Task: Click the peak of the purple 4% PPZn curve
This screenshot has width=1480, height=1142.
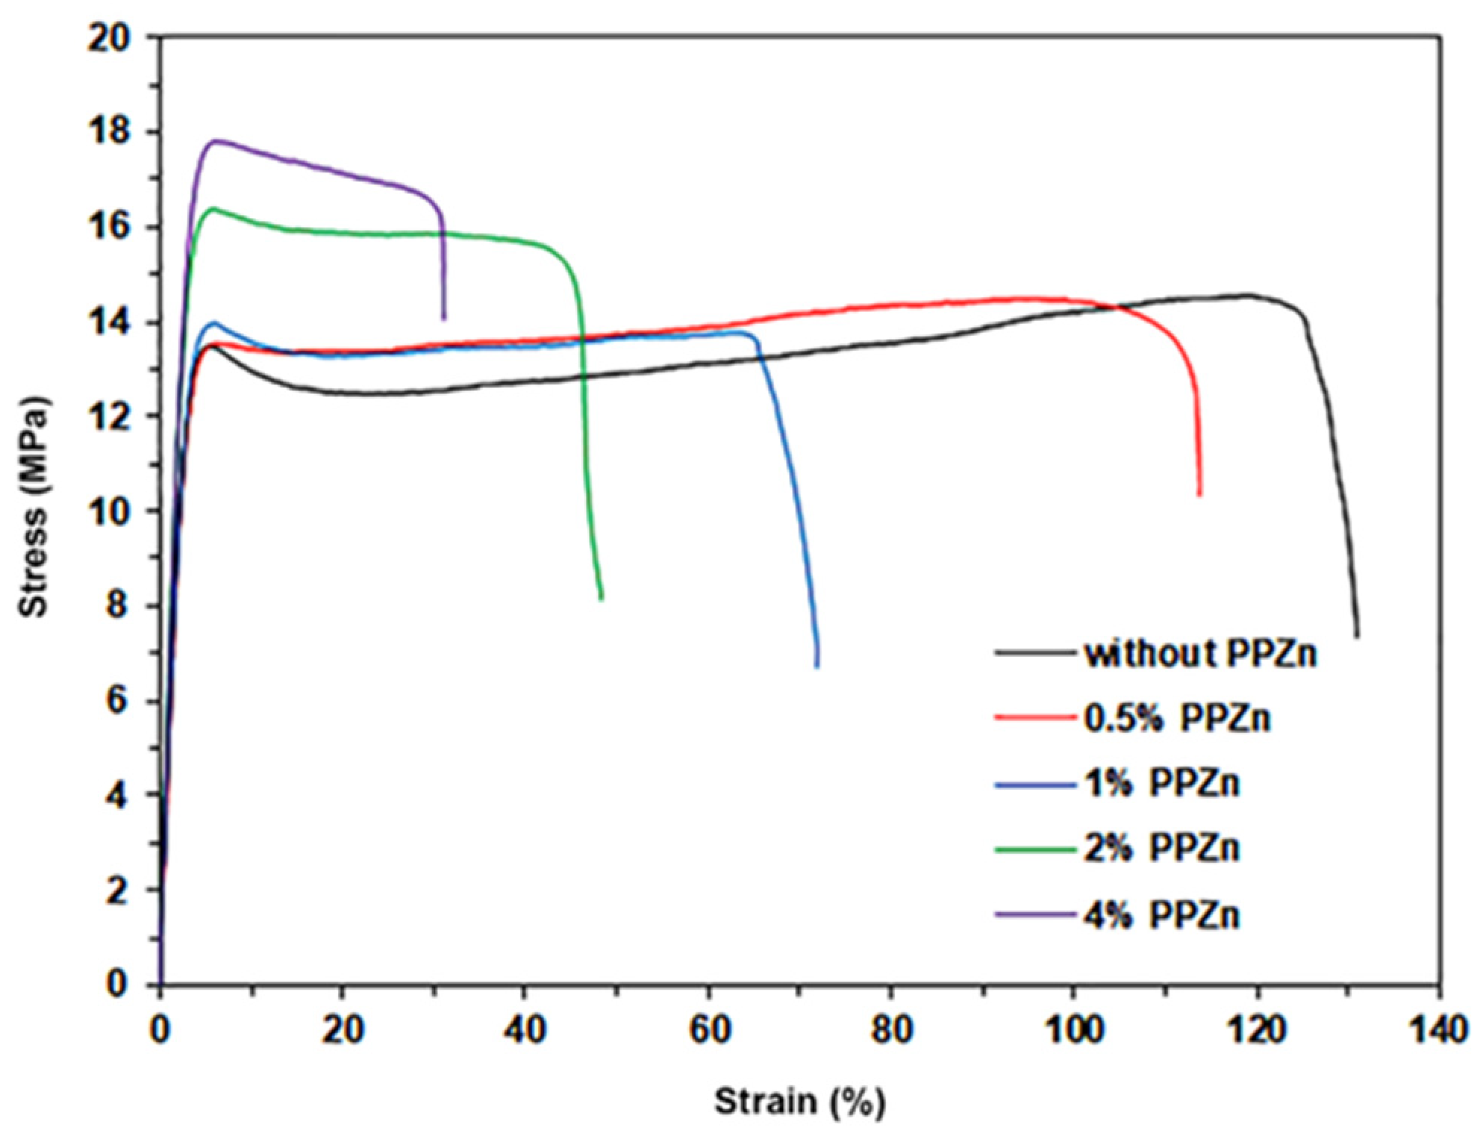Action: [x=216, y=140]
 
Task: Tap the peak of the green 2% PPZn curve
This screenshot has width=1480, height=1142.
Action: [x=213, y=208]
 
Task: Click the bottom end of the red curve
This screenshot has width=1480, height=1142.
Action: [x=1199, y=493]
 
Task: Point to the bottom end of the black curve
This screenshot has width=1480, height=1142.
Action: [x=1357, y=635]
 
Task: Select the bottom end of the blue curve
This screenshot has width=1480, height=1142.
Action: [x=817, y=665]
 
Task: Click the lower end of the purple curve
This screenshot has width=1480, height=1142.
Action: [x=444, y=319]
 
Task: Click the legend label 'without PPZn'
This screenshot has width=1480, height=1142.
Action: [x=1200, y=654]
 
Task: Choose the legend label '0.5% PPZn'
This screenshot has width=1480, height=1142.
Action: [x=1176, y=718]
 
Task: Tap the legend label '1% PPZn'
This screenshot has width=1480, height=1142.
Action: [x=1161, y=783]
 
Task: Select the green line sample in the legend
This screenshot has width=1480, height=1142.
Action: [x=1035, y=849]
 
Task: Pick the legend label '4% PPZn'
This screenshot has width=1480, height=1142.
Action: [x=1161, y=914]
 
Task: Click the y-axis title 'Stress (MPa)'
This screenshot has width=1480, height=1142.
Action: [x=34, y=508]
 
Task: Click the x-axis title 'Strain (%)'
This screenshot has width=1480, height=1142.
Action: [x=800, y=1102]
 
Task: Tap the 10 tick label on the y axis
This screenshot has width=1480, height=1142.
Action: [x=110, y=511]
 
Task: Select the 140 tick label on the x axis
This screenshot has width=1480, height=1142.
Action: [x=1437, y=1031]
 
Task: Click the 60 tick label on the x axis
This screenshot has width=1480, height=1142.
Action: [x=708, y=1031]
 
